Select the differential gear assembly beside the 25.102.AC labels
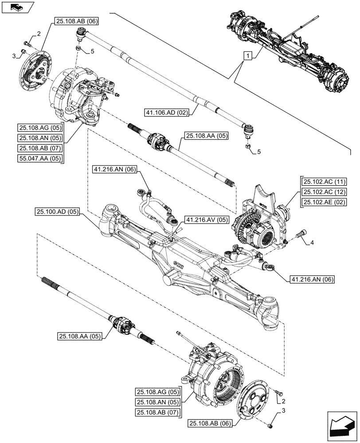257,226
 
